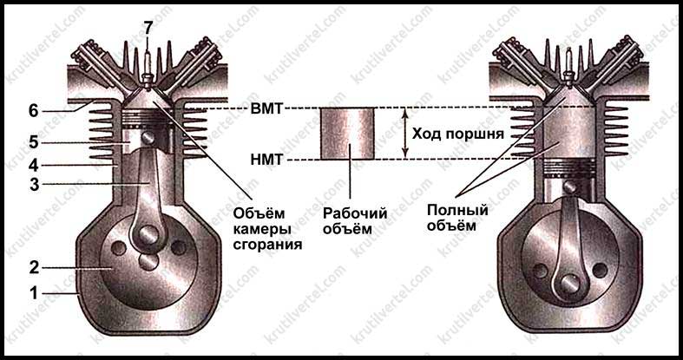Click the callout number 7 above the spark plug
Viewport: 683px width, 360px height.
148,27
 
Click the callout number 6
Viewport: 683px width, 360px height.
33,110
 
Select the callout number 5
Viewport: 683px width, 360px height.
33,140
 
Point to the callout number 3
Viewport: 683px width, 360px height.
33,183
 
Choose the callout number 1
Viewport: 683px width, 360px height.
33,293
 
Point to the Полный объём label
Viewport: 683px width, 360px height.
457,218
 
